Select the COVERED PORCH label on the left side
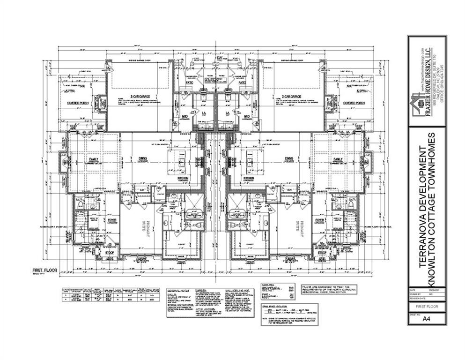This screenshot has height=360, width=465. [x=79, y=103]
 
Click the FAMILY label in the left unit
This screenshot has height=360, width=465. [x=94, y=159]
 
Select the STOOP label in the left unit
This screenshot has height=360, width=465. [x=110, y=253]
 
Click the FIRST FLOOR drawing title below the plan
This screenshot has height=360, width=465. [x=45, y=270]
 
